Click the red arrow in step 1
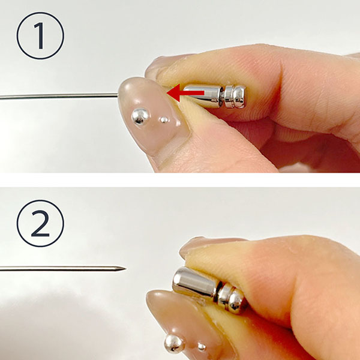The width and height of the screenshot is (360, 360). click(185, 93)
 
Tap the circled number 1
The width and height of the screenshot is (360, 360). click(40, 36)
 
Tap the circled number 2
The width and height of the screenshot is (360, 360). click(40, 223)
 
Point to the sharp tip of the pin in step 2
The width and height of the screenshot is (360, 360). click(126, 268)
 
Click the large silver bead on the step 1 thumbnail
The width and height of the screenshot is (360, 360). click(140, 116)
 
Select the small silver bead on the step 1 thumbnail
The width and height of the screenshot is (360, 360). click(164, 120)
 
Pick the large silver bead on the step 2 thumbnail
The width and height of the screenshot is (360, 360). click(174, 343)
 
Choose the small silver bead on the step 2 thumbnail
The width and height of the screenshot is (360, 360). click(202, 346)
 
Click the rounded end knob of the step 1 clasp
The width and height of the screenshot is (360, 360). click(239, 97)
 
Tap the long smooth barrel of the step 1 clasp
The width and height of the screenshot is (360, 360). click(203, 96)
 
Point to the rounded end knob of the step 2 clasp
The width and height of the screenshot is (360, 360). click(236, 301)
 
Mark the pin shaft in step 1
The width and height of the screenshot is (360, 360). click(59, 97)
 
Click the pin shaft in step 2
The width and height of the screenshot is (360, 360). click(62, 268)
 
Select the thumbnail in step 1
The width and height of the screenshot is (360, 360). click(154, 116)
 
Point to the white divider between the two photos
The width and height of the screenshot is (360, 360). click(180, 180)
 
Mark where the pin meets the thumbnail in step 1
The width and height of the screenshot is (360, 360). click(118, 95)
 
